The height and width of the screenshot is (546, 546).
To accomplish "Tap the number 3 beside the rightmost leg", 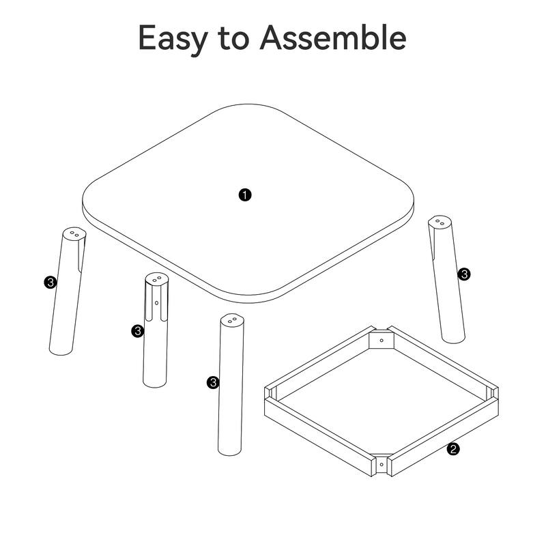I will pyautogui.click(x=465, y=274).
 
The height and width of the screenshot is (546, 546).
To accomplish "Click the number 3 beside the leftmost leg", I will pyautogui.click(x=49, y=282).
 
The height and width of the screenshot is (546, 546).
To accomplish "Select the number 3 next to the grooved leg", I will pyautogui.click(x=137, y=331).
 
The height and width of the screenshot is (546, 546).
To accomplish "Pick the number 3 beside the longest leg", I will pyautogui.click(x=212, y=382).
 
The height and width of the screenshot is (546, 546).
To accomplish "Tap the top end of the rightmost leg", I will pyautogui.click(x=440, y=222).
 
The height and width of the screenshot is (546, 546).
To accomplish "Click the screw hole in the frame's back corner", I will pyautogui.click(x=382, y=339).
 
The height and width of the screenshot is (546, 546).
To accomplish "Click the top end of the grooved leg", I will pyautogui.click(x=156, y=279).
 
